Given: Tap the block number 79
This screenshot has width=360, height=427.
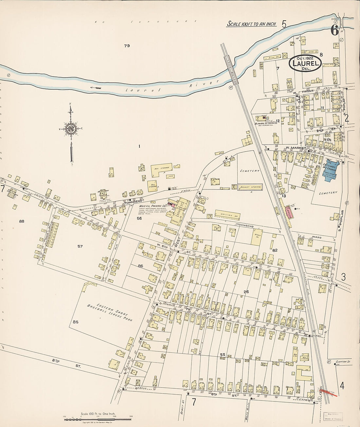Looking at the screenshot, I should point(127,46).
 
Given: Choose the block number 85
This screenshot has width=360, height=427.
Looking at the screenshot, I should point(76,322).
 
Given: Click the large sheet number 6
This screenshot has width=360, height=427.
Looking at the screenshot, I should point(334,30).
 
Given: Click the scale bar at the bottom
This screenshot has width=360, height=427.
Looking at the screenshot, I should point(97,419).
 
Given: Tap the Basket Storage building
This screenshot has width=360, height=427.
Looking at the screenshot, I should point(250,187).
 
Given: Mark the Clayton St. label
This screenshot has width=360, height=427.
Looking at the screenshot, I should point(343,362).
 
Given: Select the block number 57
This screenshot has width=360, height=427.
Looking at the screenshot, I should point(80,246).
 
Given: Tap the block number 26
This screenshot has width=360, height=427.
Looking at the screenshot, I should point(246,292).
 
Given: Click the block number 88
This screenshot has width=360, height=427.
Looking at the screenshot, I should point(22,221).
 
